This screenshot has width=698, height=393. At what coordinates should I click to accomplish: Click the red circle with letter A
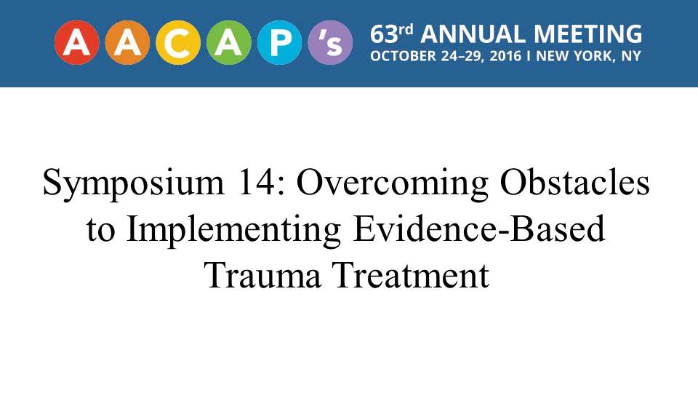tap(77, 43)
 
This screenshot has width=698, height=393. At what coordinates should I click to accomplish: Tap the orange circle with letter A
tap(127, 43)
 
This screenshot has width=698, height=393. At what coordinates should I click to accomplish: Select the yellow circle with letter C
tap(178, 43)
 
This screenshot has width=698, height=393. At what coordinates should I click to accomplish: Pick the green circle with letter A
tap(229, 43)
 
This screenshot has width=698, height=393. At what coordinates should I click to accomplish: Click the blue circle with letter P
tap(279, 43)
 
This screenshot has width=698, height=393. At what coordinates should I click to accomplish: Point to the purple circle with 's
tap(330, 43)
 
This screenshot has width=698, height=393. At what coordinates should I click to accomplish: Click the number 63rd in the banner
tap(392, 34)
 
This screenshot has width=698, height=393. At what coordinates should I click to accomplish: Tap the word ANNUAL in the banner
tap(473, 34)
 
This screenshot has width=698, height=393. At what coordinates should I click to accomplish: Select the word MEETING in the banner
tap(587, 34)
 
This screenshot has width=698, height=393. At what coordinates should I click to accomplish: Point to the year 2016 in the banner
tap(505, 56)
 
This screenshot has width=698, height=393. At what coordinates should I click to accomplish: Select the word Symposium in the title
tap(134, 183)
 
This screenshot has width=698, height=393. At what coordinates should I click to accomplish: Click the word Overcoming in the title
tap(393, 183)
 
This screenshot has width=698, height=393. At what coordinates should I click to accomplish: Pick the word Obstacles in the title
tap(574, 182)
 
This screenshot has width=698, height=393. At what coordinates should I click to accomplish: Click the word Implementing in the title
tap(233, 230)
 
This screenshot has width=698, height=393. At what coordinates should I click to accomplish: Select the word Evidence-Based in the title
tap(479, 228)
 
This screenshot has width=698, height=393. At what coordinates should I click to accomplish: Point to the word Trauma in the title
tap(262, 275)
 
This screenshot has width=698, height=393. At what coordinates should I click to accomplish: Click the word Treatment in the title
tap(412, 275)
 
